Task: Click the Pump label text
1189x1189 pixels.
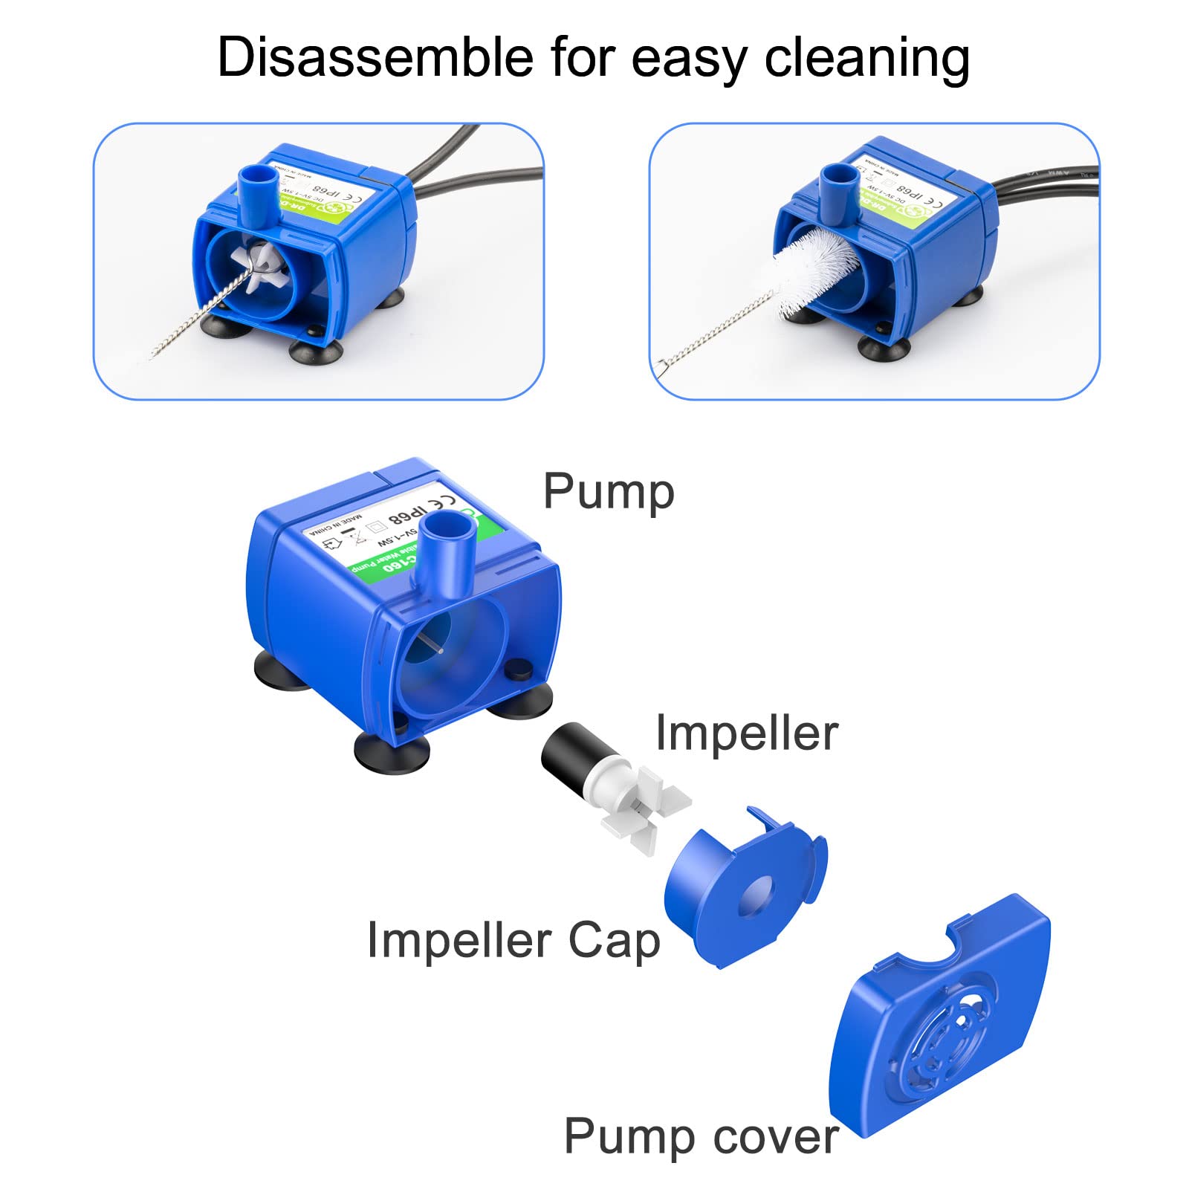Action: click(609, 492)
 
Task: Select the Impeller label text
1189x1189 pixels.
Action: click(746, 733)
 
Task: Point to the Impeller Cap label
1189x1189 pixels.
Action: click(513, 941)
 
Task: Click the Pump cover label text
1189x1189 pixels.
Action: click(701, 1136)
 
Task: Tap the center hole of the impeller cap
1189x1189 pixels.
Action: click(755, 895)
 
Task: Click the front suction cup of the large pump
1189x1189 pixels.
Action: click(392, 751)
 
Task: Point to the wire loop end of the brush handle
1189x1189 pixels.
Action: click(664, 364)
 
